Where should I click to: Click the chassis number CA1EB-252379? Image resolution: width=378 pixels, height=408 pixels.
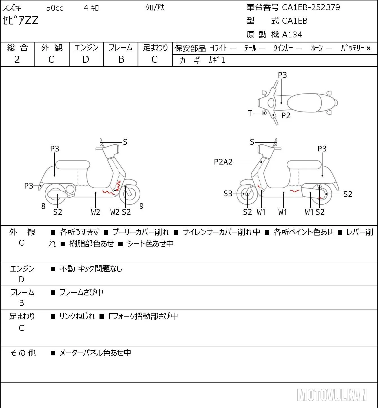pos(311,7)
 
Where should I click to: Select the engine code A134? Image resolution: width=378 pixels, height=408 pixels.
pos(292,35)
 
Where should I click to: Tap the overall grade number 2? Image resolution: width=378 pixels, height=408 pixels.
pos(17,59)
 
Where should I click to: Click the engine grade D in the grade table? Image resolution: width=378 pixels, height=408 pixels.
pos(86,59)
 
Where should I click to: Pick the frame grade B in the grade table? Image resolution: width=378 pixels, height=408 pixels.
pos(121,59)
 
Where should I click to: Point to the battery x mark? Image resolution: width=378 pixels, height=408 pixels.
pos(368,48)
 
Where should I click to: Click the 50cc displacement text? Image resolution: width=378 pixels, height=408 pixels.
pos(55,8)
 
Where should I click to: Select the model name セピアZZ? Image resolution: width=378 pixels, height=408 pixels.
pos(20,20)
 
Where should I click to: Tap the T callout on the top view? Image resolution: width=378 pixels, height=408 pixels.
pos(250,113)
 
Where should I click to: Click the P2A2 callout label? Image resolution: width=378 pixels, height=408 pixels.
pos(223,162)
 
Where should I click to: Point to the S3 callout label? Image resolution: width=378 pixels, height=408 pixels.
pos(228,194)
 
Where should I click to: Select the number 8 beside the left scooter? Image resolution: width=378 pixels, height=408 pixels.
pos(43,206)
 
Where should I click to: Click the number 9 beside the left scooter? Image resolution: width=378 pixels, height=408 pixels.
pos(142,206)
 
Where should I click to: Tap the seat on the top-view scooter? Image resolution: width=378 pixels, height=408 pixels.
pos(304,103)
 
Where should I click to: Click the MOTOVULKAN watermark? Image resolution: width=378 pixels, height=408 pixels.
pos(332,395)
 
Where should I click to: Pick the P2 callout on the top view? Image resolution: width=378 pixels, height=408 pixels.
pos(286,115)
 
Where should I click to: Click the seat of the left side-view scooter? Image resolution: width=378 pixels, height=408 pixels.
pos(73,165)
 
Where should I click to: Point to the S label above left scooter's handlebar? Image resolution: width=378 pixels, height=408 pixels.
pos(125,142)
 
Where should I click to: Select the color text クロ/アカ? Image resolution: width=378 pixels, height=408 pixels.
pos(155,8)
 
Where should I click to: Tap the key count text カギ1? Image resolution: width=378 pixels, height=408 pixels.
pos(217,60)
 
